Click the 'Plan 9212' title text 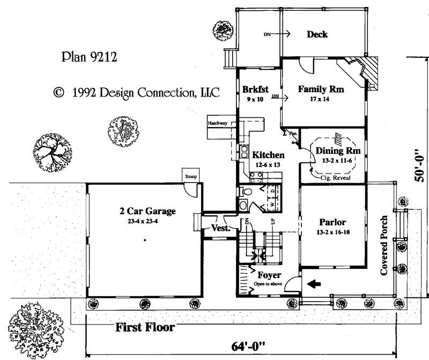coord(90,56)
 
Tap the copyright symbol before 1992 coord(58,92)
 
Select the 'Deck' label coord(317,35)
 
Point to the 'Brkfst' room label coord(255,90)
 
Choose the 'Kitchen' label coord(269,155)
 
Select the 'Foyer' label coord(268,275)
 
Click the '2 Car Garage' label coord(147,211)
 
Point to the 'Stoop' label coord(190,176)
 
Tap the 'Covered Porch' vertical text coord(384,246)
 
